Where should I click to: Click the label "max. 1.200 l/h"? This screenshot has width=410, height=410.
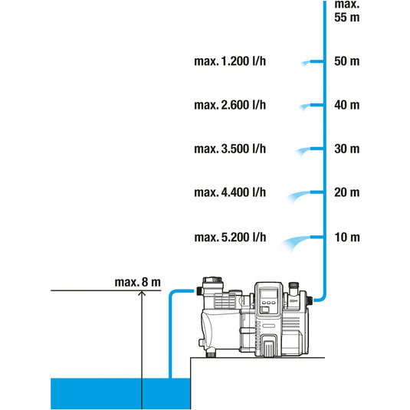tap(230, 61)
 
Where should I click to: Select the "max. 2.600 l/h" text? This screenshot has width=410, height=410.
tap(230, 105)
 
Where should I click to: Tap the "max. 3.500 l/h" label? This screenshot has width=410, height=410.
tap(230, 149)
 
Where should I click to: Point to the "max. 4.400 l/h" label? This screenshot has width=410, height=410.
tap(230, 192)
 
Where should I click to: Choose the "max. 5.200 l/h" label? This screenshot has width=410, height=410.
tap(230, 238)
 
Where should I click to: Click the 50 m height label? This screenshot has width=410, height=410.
tap(346, 61)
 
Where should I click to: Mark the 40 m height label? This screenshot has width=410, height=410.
tap(346, 105)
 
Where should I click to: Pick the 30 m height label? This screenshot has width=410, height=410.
tap(346, 149)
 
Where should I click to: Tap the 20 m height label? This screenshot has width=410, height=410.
tap(346, 192)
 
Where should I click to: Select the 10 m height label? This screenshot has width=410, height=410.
tap(347, 238)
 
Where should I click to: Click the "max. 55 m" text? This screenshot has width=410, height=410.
tap(346, 11)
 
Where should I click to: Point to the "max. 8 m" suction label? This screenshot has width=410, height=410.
tap(137, 282)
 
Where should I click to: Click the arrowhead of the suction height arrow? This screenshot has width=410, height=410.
tap(142, 293)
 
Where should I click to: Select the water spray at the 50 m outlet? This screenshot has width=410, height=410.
tap(305, 63)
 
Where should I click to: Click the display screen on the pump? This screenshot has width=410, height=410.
tap(269, 295)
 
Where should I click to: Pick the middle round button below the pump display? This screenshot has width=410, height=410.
tap(269, 303)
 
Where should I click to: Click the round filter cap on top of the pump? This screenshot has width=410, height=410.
tap(212, 280)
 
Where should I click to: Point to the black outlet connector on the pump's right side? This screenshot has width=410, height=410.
tap(310, 300)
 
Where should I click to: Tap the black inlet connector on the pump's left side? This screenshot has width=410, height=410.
tap(198, 290)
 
